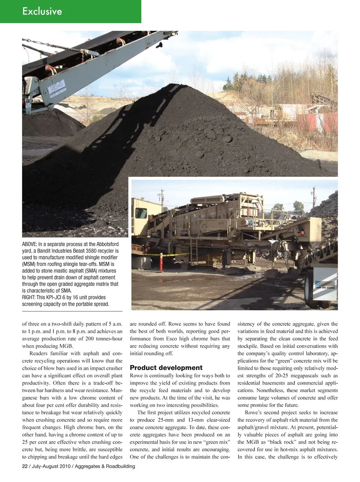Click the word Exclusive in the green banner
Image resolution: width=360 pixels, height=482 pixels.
pos(42,12)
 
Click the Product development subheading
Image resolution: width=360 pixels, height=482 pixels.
pos(166,367)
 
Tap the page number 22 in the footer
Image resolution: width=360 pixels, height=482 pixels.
pos(25,466)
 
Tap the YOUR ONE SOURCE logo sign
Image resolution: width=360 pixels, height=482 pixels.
pos(324,287)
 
